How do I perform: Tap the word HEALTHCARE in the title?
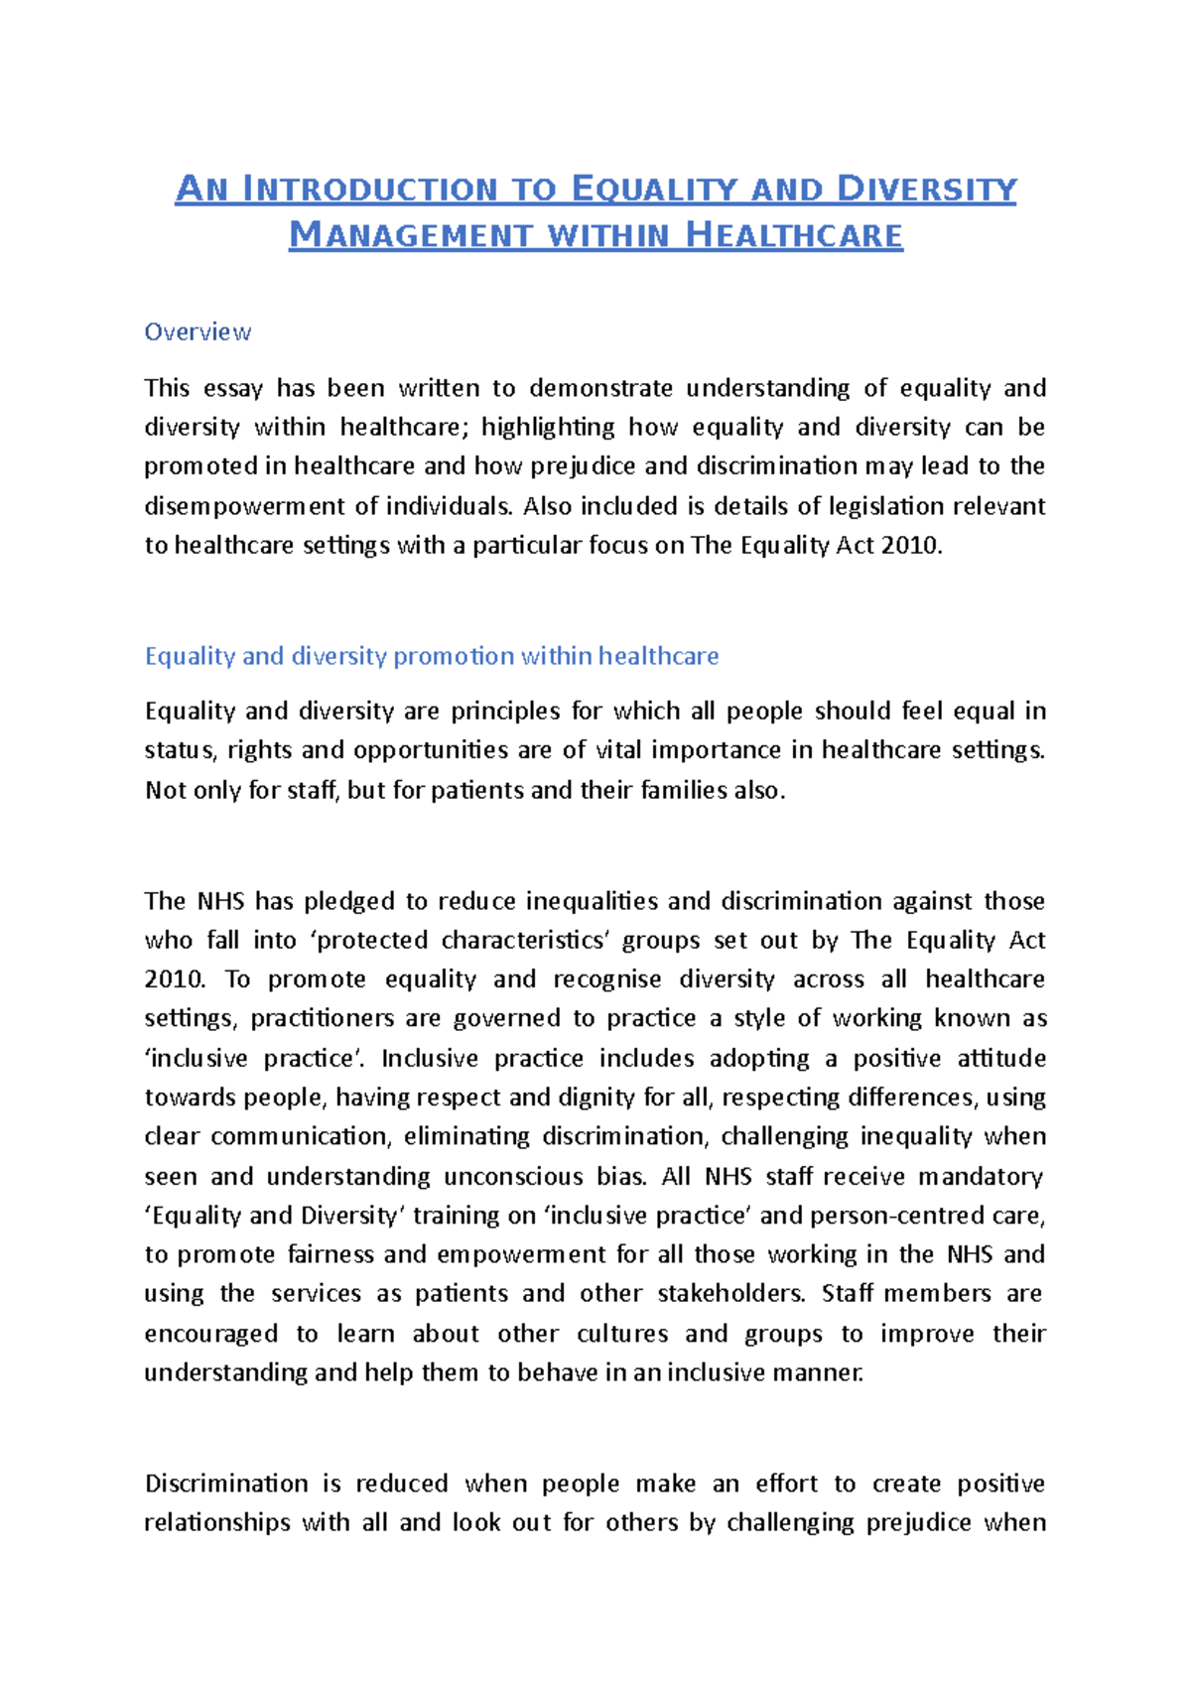point(794,236)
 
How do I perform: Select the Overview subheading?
point(198,331)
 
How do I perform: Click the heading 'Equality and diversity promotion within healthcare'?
point(432,656)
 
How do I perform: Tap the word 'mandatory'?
point(980,1177)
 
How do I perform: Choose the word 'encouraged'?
point(210,1334)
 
